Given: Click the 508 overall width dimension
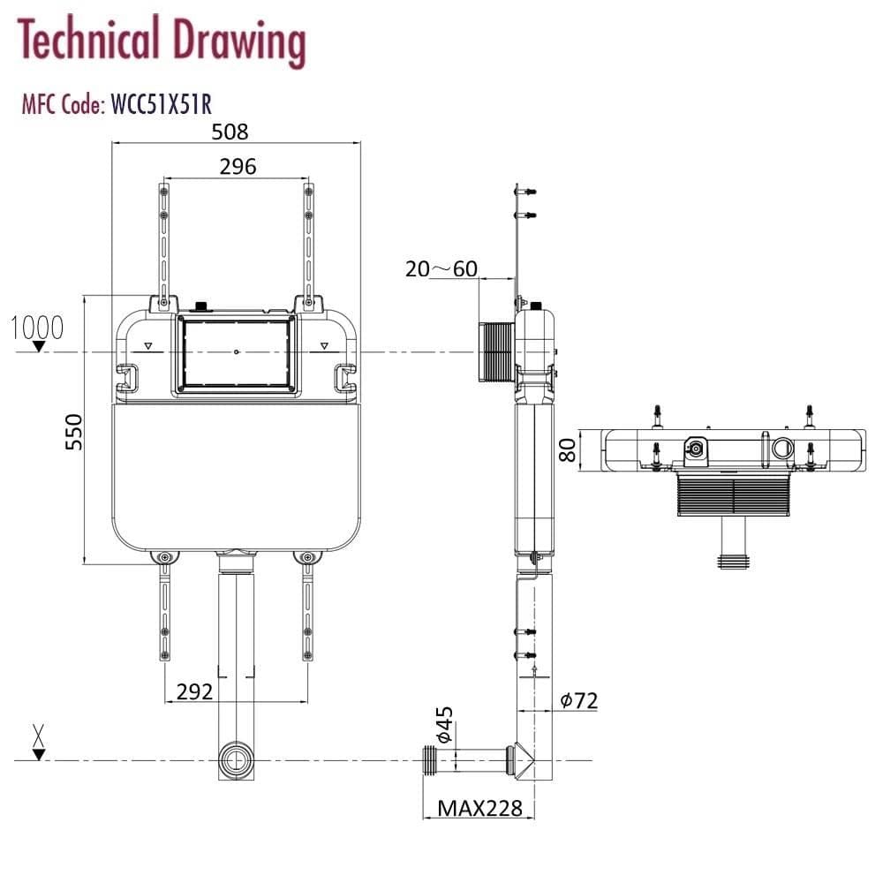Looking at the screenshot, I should [x=230, y=132].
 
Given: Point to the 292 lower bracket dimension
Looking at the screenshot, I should [x=194, y=691].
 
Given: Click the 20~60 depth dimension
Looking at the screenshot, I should [x=441, y=268].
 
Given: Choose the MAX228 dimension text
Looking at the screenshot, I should [x=480, y=807].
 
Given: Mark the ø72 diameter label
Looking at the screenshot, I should [x=579, y=700].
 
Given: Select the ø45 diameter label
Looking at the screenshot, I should [x=444, y=724].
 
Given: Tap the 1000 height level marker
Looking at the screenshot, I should [x=37, y=328].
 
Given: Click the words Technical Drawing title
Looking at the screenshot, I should [x=162, y=41].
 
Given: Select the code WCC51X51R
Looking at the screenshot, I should [x=160, y=105].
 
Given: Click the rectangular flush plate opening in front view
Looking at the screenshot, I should [x=237, y=353].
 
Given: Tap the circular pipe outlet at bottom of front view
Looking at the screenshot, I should [x=235, y=760].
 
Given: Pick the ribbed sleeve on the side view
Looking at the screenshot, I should [x=495, y=351].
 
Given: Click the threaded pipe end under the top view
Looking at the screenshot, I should [x=732, y=560].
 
